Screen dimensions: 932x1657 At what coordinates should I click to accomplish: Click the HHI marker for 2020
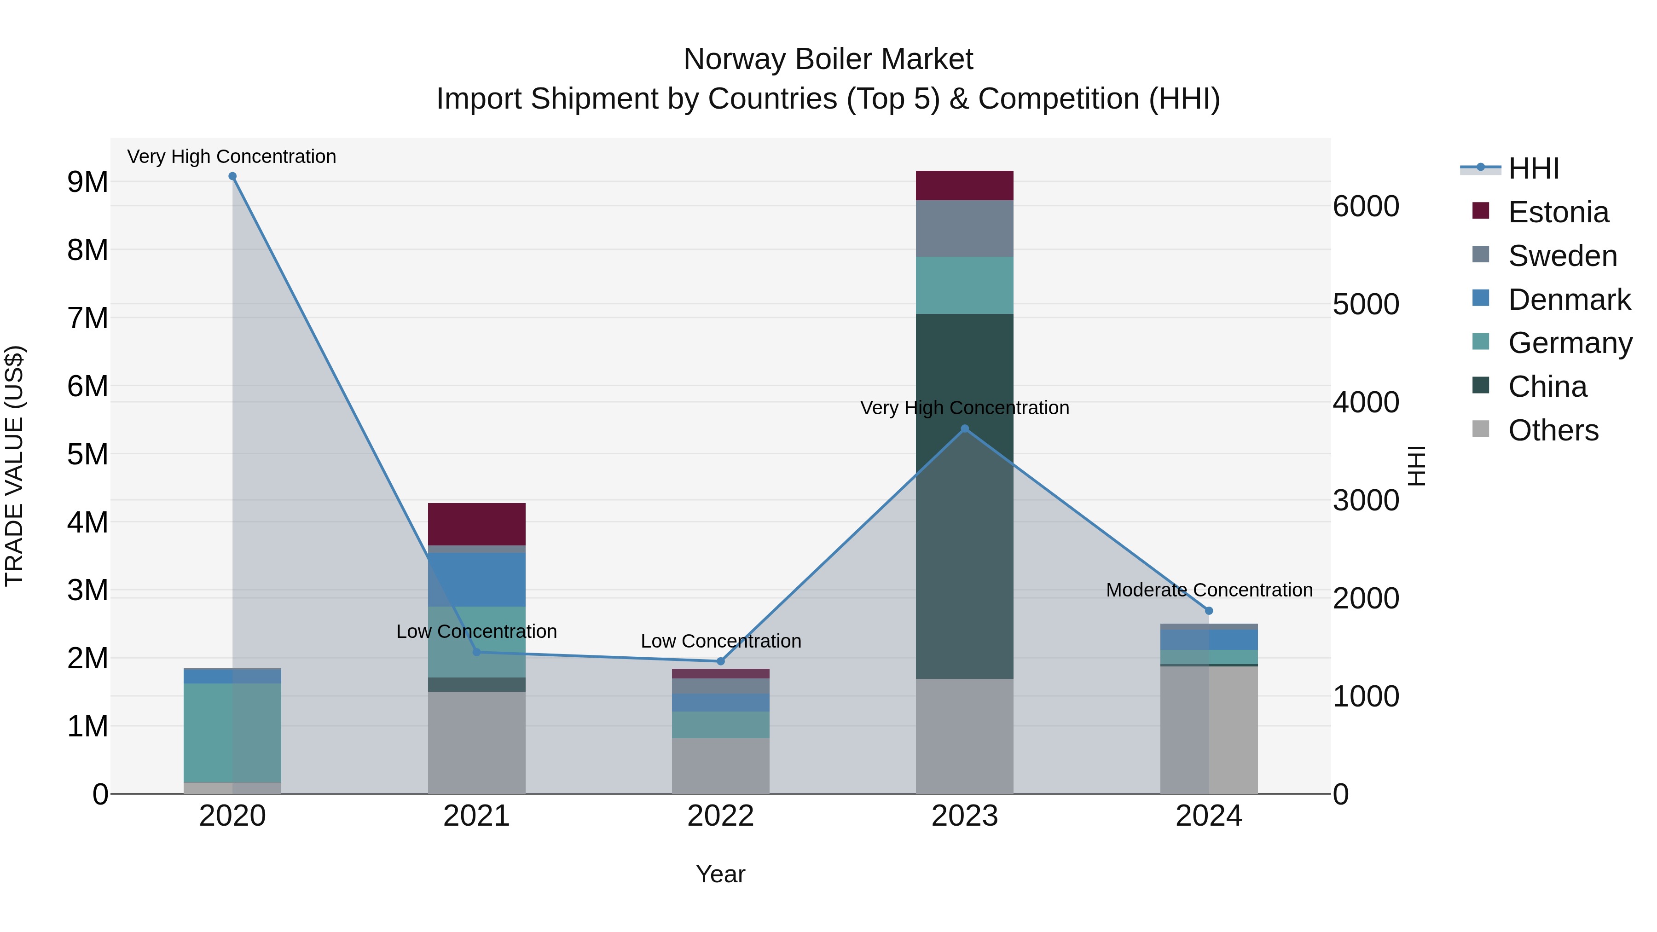click(x=232, y=176)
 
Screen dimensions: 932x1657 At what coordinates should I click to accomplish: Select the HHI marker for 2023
click(x=964, y=429)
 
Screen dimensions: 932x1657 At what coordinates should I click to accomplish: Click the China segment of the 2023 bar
click(x=964, y=495)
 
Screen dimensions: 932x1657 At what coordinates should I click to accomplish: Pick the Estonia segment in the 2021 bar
click(x=477, y=524)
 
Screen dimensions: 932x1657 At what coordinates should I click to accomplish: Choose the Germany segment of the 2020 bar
click(x=232, y=733)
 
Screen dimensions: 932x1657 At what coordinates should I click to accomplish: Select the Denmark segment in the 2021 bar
click(x=477, y=579)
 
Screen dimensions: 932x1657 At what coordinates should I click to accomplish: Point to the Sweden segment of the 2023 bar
click(x=964, y=228)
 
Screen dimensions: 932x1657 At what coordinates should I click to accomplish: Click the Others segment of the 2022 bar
click(x=720, y=765)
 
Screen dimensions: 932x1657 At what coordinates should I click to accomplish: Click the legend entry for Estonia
click(x=1558, y=212)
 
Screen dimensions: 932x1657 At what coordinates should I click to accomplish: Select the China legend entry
click(x=1547, y=387)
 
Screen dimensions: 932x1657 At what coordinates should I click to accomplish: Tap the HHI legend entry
click(x=1534, y=168)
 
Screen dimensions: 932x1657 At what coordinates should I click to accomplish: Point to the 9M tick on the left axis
click(x=88, y=182)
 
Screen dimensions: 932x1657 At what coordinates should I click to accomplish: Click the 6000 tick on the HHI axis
click(x=1366, y=207)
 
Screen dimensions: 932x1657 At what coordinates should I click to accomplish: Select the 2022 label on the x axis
click(x=720, y=816)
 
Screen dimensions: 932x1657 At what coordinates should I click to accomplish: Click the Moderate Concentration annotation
click(x=1209, y=590)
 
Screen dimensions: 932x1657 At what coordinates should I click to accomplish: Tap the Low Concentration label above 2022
click(x=720, y=641)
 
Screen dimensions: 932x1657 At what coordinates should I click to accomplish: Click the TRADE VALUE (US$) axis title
click(x=14, y=466)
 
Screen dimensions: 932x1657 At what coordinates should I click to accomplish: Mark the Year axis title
click(x=720, y=874)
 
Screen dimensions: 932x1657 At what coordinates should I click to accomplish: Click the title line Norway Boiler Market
click(x=828, y=59)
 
